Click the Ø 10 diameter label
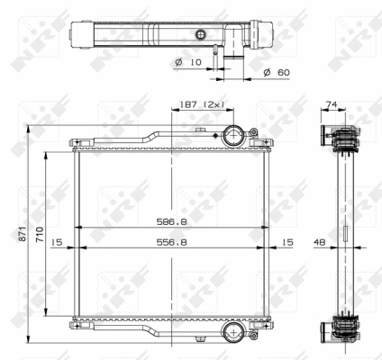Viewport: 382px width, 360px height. coord(188,62)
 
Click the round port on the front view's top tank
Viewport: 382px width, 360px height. coord(234,138)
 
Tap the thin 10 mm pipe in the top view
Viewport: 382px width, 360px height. coord(216,56)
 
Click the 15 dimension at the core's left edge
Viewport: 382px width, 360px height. coord(57,242)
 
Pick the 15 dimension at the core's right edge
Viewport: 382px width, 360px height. coord(286,242)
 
